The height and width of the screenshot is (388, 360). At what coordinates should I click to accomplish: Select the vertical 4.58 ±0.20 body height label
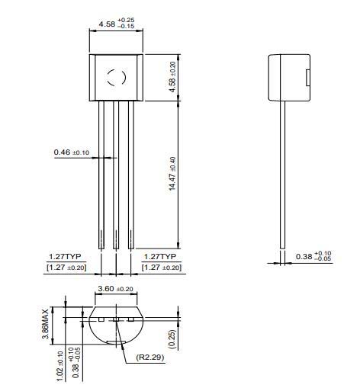(172, 77)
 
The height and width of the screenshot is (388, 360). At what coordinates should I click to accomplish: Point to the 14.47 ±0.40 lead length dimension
(172, 174)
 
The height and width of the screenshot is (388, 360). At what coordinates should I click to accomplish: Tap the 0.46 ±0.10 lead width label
(71, 152)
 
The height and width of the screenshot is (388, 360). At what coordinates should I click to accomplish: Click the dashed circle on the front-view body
(115, 77)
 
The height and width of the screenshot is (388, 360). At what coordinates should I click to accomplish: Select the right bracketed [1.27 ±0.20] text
(161, 268)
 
